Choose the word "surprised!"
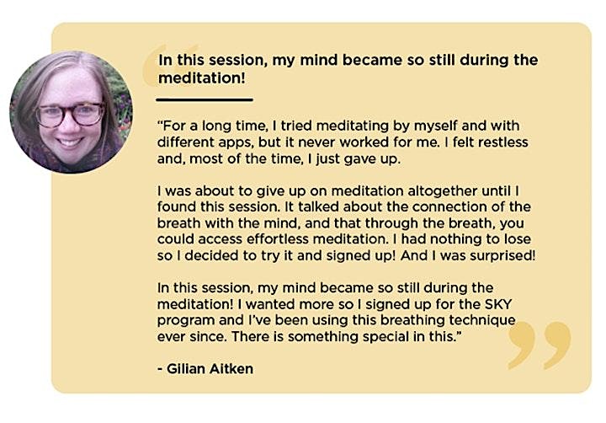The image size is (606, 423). pos(502,256)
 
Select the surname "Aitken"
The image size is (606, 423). pos(231,369)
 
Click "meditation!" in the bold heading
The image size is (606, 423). pos(202,78)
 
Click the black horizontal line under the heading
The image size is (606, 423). pos(205,99)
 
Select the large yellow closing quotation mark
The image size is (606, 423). pos(539,345)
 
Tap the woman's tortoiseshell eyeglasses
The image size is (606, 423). pos(70,114)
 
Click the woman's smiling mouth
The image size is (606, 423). pos(70,142)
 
